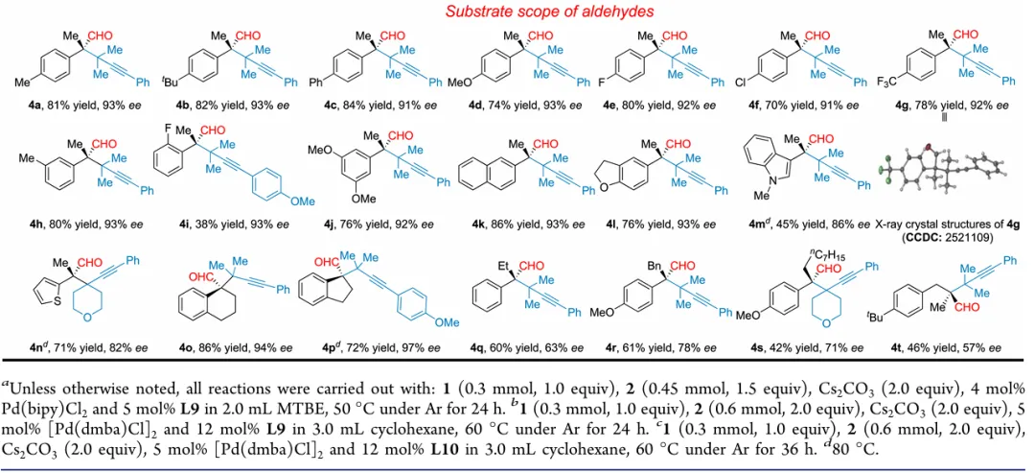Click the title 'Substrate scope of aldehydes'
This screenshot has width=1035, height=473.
click(517, 12)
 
